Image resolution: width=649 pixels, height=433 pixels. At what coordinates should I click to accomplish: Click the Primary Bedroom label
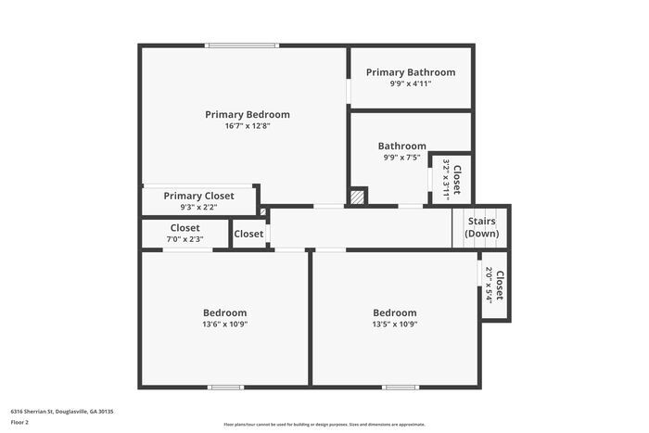tap(247, 115)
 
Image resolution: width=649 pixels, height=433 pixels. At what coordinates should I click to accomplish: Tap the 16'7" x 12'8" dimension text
tap(247, 126)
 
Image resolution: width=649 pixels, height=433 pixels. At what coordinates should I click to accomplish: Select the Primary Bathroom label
tap(410, 72)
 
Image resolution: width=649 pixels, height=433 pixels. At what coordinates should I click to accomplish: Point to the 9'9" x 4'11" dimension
tap(410, 83)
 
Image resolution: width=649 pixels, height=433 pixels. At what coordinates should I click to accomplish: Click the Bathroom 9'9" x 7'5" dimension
tap(401, 158)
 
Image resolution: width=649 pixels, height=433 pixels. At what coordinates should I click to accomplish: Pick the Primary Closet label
tap(197, 196)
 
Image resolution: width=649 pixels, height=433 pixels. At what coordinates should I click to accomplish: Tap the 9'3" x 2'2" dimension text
tap(197, 207)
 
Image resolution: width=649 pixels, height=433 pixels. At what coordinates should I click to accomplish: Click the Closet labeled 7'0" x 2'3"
tap(185, 228)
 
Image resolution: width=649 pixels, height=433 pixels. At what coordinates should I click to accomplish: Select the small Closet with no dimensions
tap(248, 234)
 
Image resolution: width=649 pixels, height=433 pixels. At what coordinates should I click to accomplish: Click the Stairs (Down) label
tap(480, 227)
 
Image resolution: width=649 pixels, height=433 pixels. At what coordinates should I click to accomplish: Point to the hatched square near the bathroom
tap(357, 197)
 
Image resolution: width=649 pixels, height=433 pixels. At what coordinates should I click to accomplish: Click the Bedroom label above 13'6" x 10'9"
tap(224, 312)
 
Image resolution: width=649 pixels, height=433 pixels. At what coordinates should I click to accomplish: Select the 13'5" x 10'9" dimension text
tap(394, 325)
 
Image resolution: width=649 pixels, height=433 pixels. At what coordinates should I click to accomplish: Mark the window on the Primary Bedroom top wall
tap(242, 45)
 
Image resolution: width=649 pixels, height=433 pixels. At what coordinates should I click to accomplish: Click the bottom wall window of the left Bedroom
tap(225, 387)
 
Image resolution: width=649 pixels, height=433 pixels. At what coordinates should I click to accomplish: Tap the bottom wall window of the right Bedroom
tap(401, 387)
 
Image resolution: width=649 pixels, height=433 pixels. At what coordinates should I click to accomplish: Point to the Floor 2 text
tap(19, 422)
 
